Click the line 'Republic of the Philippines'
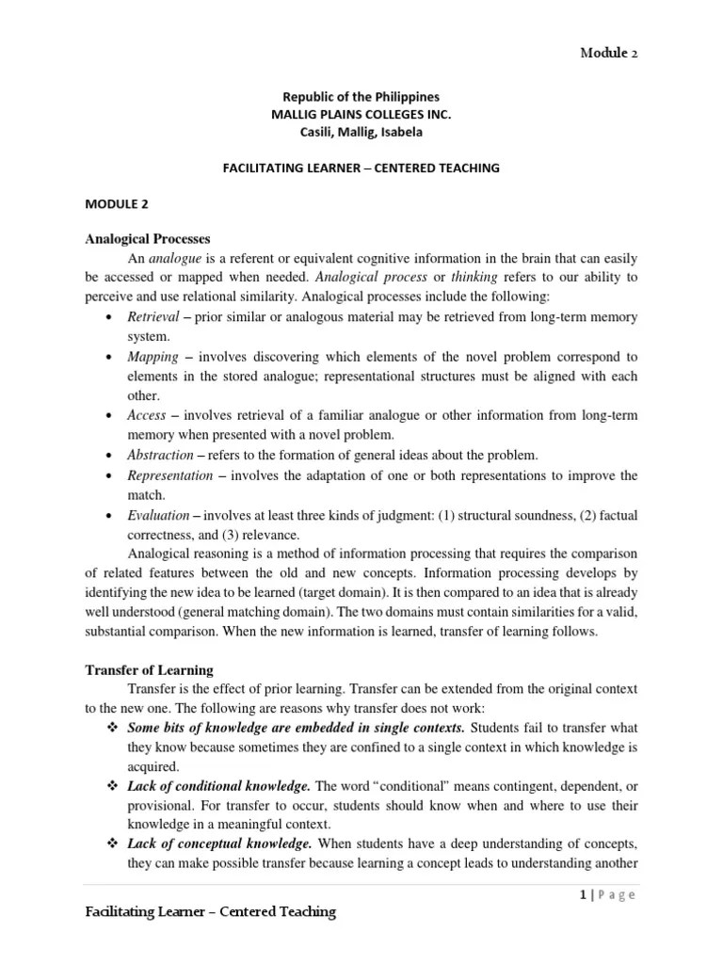361,97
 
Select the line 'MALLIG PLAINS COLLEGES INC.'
361,114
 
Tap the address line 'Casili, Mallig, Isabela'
361,131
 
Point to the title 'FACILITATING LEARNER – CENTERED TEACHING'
361,168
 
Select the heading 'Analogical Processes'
148,238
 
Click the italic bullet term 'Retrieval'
152,318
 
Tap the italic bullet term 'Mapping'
153,358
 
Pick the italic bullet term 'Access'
147,415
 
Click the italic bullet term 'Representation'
170,475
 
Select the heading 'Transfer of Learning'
150,670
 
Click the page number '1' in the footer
584,895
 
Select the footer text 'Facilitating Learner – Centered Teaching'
211,912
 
